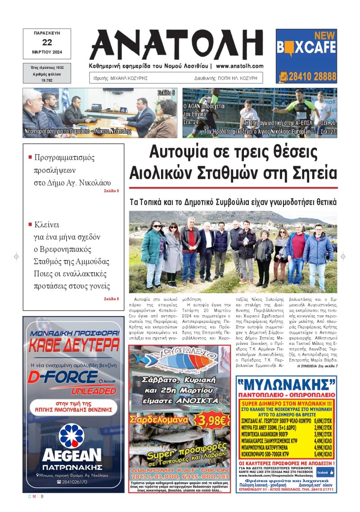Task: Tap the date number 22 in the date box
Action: (47, 42)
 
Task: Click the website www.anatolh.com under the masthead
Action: (240, 66)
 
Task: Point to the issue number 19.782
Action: (47, 80)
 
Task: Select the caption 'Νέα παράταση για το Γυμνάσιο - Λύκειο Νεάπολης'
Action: (77, 132)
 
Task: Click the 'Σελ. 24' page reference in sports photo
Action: (190, 122)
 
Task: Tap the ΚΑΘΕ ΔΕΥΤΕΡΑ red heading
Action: (74, 345)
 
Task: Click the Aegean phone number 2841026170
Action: (74, 482)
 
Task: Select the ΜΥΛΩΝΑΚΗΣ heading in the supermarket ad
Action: (286, 384)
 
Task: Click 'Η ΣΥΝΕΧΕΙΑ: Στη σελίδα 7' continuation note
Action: (317, 367)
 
